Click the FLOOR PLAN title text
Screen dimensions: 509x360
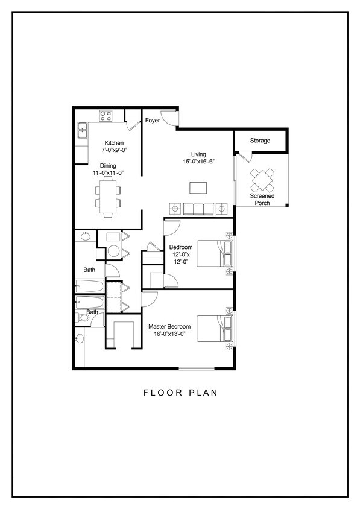pos(180,392)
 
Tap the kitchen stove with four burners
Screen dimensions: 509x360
pos(106,115)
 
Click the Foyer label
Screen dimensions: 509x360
pos(152,121)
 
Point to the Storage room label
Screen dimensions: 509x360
pos(260,141)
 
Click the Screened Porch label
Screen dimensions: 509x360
pos(262,200)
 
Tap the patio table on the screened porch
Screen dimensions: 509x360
pos(262,179)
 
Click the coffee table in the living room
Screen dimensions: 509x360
pos(197,188)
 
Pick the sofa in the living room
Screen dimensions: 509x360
pos(198,209)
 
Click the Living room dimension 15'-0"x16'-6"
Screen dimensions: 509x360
pos(198,162)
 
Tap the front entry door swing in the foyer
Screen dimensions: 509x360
pos(169,119)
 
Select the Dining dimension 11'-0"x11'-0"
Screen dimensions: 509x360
pos(109,173)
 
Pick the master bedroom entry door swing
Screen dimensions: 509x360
pos(148,299)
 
